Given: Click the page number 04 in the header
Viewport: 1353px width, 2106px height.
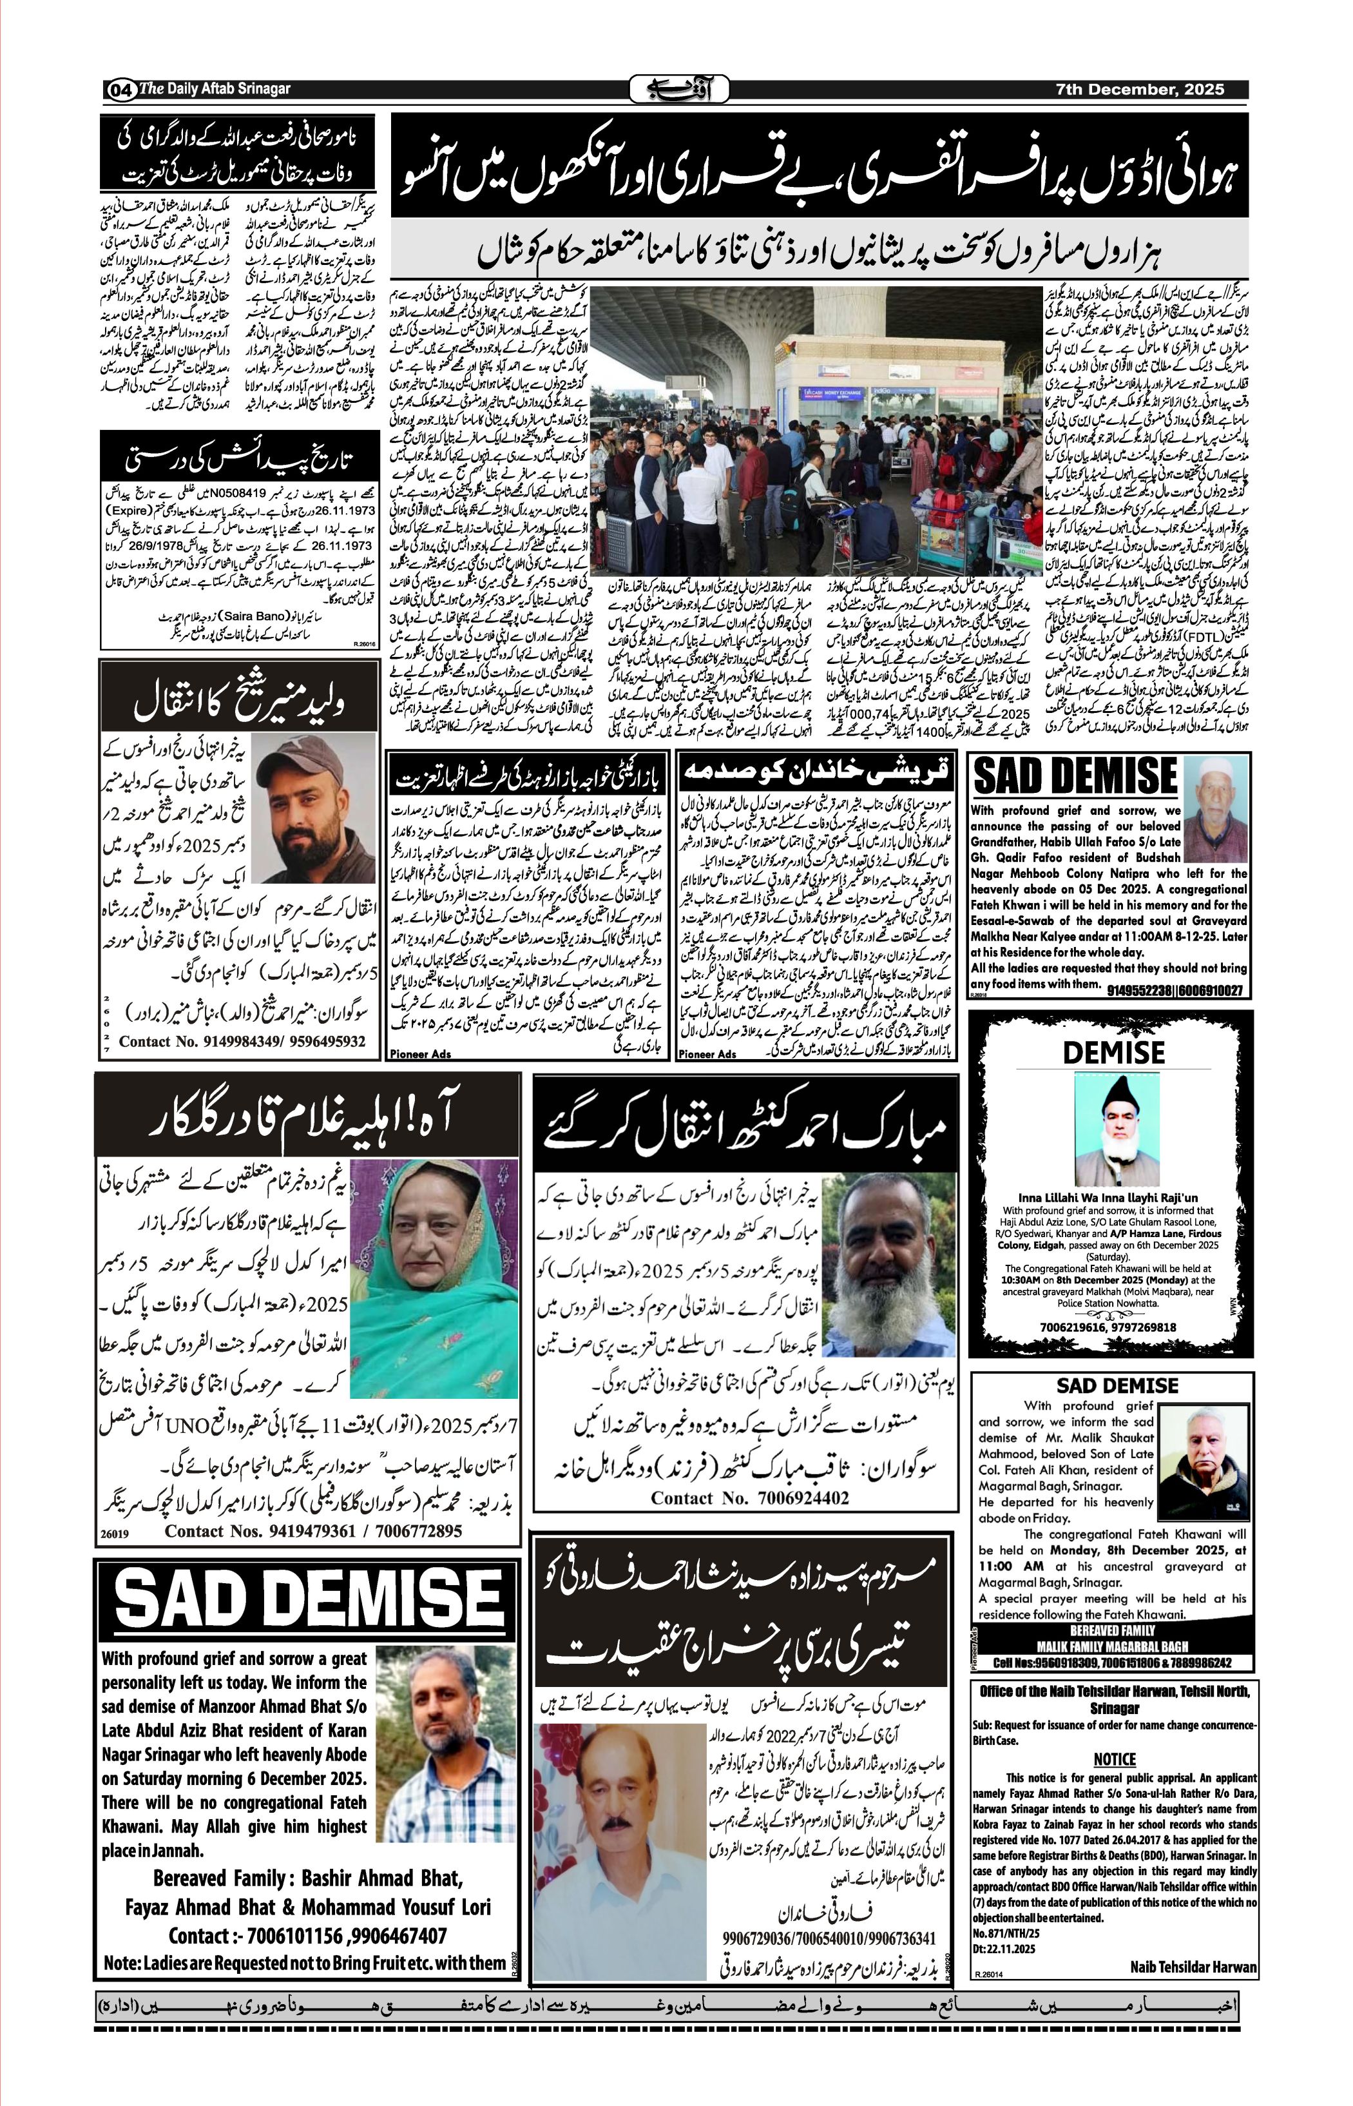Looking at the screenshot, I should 120,90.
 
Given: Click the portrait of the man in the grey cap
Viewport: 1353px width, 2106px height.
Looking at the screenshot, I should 314,810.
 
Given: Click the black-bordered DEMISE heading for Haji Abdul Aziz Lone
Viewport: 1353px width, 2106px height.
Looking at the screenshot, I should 1113,1052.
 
